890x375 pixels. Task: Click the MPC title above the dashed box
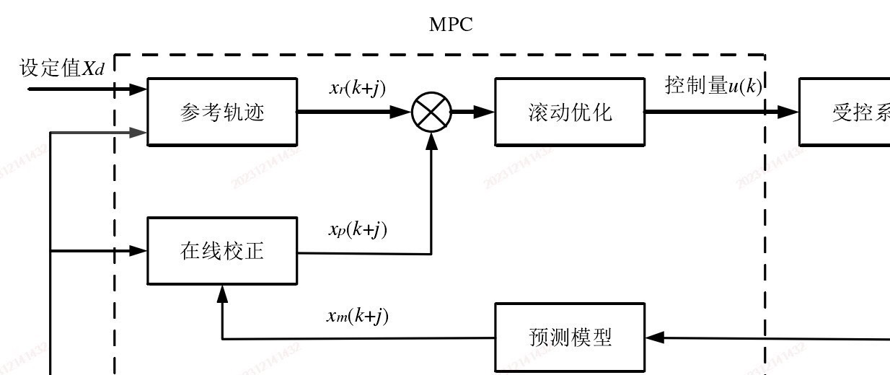(451, 25)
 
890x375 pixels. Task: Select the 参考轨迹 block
(222, 112)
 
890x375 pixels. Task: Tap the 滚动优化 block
(570, 112)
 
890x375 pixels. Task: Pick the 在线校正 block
(222, 251)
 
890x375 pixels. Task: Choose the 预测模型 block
(570, 337)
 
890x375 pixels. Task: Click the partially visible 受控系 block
(845, 112)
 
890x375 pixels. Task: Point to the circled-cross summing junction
(431, 112)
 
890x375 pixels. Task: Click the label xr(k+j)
(357, 89)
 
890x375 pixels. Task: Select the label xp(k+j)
(357, 230)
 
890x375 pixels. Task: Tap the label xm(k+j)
(357, 316)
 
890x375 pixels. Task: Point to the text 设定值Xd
(62, 69)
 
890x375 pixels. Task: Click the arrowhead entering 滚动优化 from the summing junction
(485, 112)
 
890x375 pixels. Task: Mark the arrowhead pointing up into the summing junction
(431, 141)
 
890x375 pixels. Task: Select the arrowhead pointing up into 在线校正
(222, 293)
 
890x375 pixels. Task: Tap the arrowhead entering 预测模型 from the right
(654, 337)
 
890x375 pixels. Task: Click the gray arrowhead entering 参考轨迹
(138, 132)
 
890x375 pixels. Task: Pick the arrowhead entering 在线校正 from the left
(138, 251)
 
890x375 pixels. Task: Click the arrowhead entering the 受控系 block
(789, 112)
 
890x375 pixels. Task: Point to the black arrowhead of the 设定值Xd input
(138, 89)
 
